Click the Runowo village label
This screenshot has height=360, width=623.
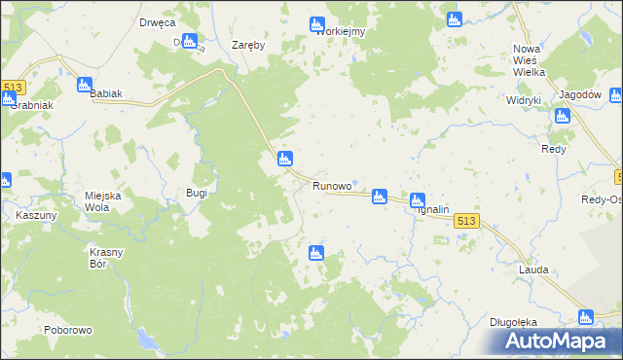point(331,185)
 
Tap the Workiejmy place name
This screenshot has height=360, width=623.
point(340,31)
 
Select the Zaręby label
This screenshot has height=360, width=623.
point(249,45)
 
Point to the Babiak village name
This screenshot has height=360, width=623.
point(106,93)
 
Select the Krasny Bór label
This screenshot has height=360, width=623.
point(105,258)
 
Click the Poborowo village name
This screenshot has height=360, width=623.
point(67,330)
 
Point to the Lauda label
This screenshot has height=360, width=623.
point(533,270)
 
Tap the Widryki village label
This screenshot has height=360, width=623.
point(524,100)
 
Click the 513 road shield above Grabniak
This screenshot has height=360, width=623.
point(12,87)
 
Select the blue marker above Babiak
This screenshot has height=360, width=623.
point(85,85)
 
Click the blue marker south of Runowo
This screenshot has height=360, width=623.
point(315,253)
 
